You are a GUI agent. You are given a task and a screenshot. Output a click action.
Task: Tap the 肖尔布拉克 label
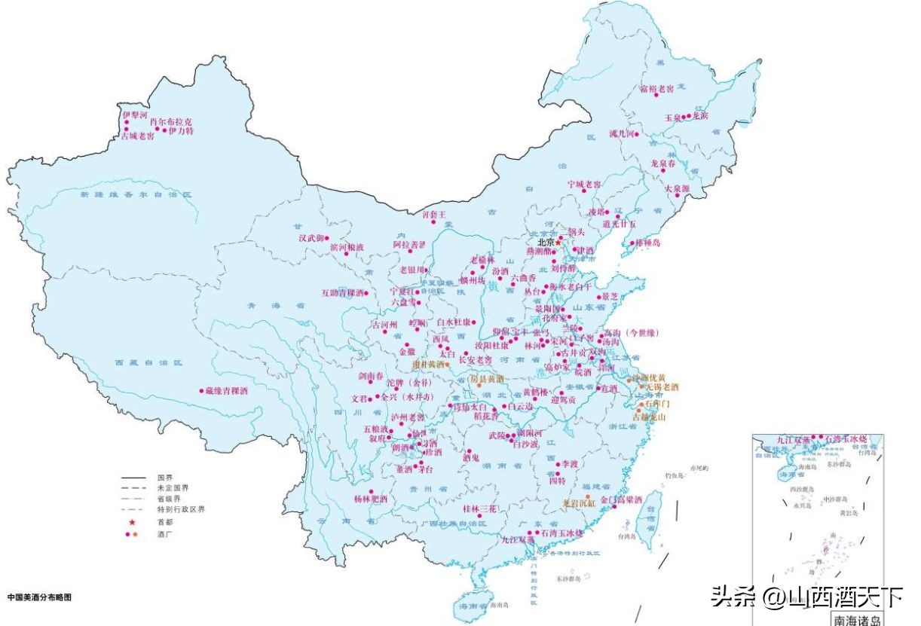point(171,121)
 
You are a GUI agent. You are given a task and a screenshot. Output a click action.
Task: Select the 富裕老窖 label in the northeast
point(656,89)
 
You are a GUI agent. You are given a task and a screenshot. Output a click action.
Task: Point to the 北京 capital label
point(546,242)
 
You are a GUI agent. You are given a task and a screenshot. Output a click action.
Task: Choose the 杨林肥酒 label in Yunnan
point(370,499)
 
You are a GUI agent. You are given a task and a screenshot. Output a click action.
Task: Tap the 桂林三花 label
point(480,508)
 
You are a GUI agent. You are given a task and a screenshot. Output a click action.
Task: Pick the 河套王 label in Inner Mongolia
point(433,215)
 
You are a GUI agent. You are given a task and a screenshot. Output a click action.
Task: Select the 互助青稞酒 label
point(343,292)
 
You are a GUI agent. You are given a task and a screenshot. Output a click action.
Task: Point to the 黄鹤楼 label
point(536,392)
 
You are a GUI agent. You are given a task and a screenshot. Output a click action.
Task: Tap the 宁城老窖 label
point(584,184)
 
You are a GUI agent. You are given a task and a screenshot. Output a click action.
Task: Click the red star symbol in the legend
point(132,522)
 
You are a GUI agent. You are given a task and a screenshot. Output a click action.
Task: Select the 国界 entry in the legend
point(165,478)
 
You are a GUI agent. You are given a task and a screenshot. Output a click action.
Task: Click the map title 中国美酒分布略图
point(39,597)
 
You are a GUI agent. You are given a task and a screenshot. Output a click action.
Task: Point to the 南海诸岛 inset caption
point(855,620)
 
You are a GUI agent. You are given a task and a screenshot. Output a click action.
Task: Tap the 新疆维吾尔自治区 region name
point(136,194)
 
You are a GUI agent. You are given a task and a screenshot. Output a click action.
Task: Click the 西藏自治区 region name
point(149,362)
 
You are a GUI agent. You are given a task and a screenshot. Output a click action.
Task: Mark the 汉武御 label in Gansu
point(311,238)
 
